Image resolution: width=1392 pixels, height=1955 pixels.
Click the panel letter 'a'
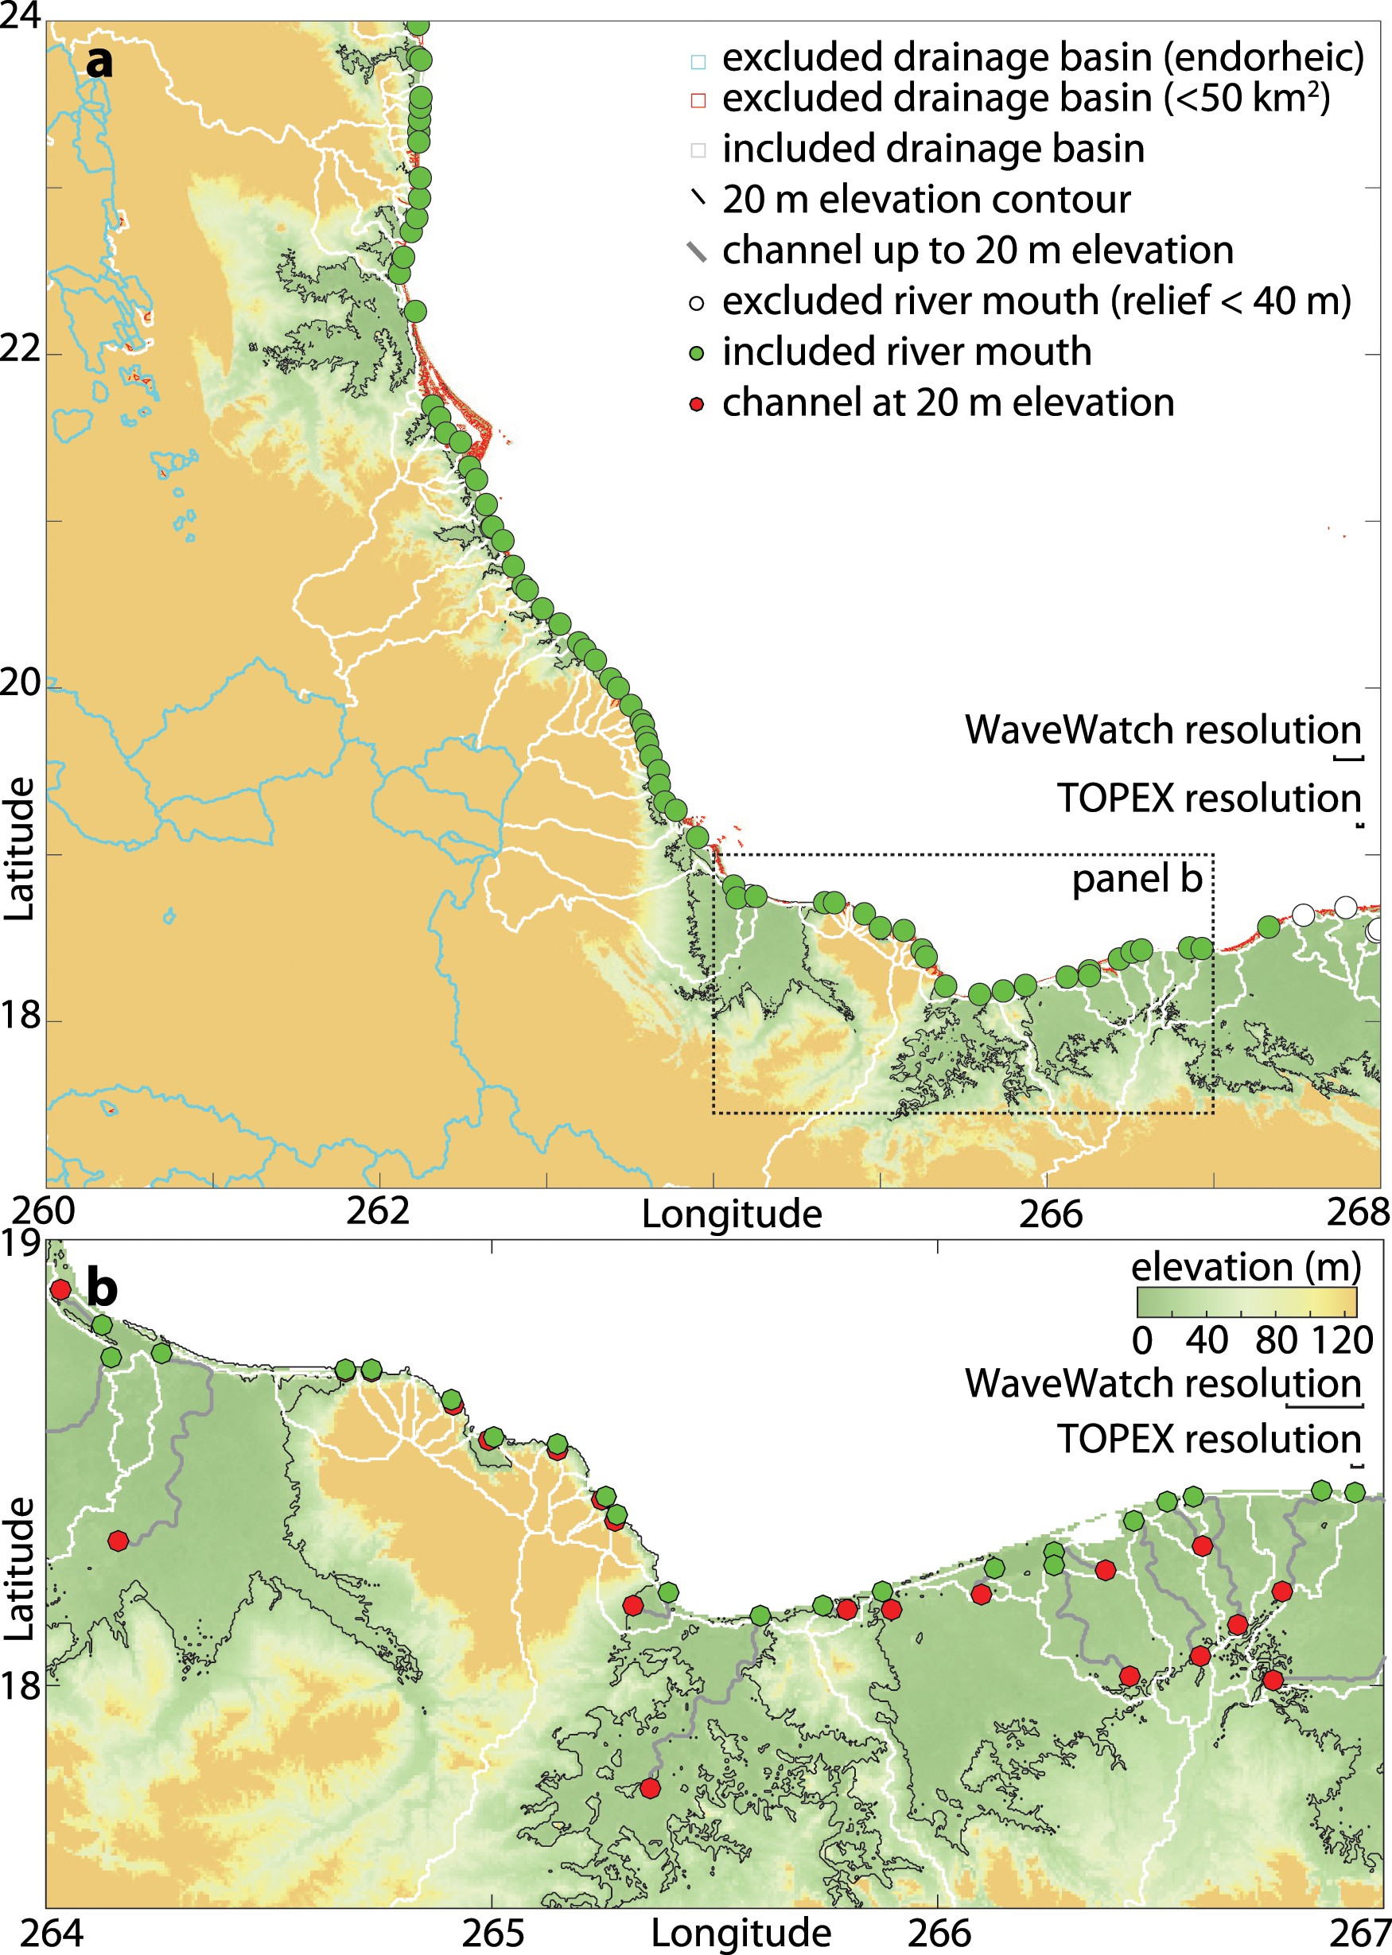coord(99,63)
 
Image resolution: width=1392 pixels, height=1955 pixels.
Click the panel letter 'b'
coord(102,1288)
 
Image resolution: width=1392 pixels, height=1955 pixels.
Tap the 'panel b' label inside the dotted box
coord(1137,879)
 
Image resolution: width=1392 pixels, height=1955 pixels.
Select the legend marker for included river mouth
coord(697,352)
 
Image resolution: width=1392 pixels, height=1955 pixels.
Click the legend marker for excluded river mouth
coord(697,301)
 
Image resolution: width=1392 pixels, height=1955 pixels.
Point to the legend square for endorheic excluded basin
coord(698,61)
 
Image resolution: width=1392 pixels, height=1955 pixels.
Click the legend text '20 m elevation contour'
coord(926,200)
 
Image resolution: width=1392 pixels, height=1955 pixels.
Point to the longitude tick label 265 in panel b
coord(493,1934)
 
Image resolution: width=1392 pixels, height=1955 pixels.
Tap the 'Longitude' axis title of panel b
coord(741,1934)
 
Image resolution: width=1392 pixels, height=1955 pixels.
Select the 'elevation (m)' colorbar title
coord(1246,1267)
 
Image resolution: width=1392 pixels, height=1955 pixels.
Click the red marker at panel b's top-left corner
coord(60,1289)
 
